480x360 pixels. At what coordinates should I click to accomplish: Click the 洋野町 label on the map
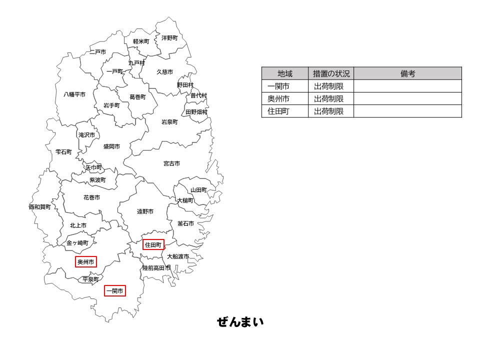click(x=169, y=38)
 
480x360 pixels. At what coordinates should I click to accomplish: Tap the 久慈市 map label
click(x=165, y=72)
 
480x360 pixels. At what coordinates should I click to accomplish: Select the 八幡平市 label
click(x=74, y=94)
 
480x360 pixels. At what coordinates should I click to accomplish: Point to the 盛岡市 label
click(x=111, y=146)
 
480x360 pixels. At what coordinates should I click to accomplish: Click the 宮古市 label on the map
click(x=171, y=163)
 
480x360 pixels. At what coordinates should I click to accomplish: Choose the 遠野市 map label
click(x=145, y=211)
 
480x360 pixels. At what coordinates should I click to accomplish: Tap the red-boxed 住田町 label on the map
click(x=153, y=244)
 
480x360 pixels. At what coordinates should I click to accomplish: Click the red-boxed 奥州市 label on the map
click(x=86, y=261)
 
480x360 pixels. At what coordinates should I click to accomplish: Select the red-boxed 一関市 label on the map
click(x=115, y=290)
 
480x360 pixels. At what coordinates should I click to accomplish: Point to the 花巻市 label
click(x=91, y=197)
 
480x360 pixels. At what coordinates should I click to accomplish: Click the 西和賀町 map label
click(x=40, y=207)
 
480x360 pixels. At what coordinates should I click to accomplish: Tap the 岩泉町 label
click(x=169, y=122)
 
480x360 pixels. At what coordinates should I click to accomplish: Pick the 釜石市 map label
click(x=185, y=223)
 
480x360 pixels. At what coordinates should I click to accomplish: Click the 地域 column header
click(x=285, y=73)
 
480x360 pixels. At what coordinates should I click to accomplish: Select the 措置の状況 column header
click(x=331, y=73)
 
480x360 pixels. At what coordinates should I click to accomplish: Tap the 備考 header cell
click(x=407, y=73)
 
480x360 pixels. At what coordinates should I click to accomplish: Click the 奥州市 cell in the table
click(x=278, y=98)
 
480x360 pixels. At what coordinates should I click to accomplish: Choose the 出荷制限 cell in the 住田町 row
click(x=329, y=111)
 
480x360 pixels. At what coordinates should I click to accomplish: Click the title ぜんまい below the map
click(x=240, y=322)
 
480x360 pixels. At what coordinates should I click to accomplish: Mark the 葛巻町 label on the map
click(x=137, y=97)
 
